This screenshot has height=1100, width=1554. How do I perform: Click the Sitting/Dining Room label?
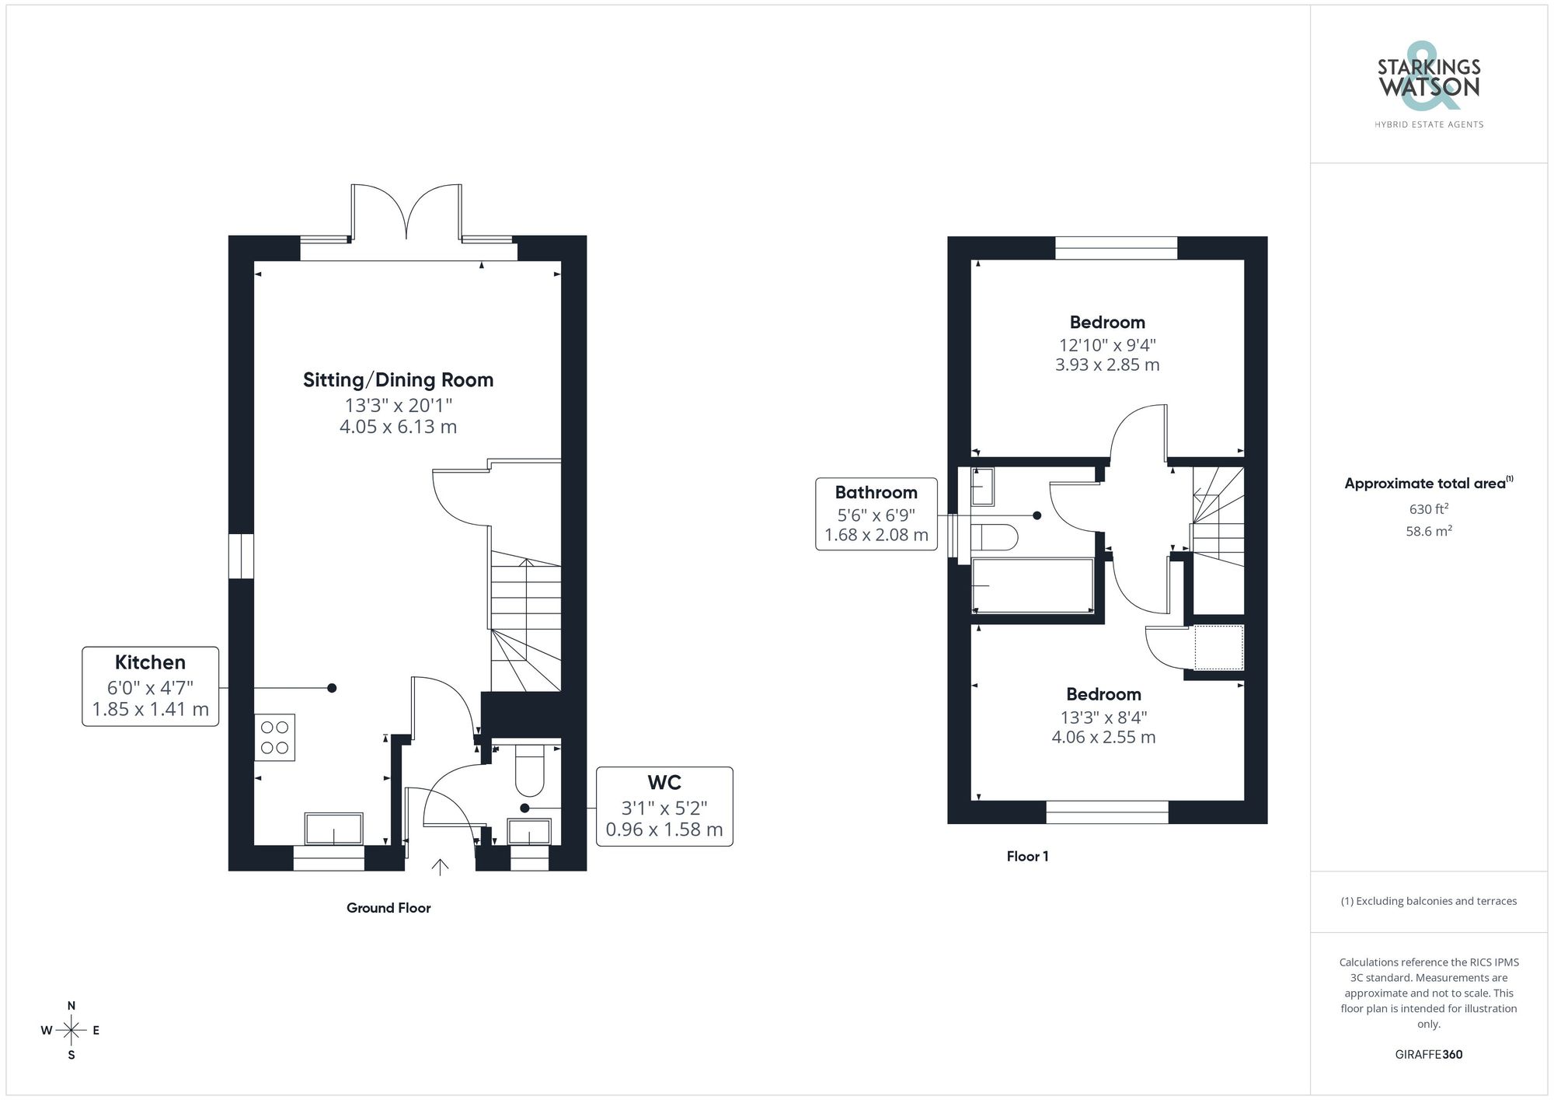click(x=398, y=380)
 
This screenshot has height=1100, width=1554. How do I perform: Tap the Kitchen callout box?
click(x=150, y=686)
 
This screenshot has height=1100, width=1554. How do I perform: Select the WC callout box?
click(x=664, y=806)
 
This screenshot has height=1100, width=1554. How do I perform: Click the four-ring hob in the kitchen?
click(x=274, y=737)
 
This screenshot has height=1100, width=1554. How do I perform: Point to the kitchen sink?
click(x=333, y=829)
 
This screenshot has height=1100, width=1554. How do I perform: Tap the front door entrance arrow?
click(x=440, y=867)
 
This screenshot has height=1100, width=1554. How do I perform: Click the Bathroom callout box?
click(x=876, y=514)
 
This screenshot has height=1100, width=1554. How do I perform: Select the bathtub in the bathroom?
click(x=1033, y=585)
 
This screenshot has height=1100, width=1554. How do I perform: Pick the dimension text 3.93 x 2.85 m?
click(x=1106, y=365)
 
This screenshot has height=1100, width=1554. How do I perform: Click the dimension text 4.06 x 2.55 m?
click(x=1103, y=737)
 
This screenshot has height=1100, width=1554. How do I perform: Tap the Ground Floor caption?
click(x=388, y=908)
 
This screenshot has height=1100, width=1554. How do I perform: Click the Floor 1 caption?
click(x=1027, y=856)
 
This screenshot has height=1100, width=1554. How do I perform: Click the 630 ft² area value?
click(x=1428, y=509)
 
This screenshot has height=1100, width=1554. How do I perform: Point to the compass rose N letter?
click(x=71, y=1006)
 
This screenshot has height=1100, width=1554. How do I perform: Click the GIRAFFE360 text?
click(x=1428, y=1054)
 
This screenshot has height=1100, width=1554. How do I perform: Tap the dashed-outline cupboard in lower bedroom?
click(x=1218, y=647)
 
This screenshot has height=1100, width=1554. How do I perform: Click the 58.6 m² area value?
click(x=1428, y=532)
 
